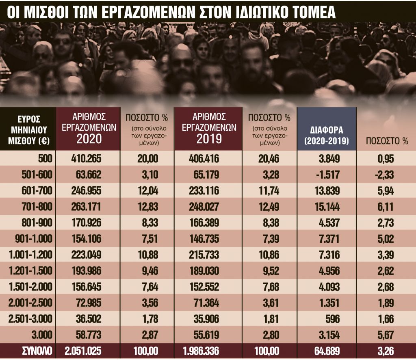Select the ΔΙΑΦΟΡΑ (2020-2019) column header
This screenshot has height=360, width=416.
tap(327, 136)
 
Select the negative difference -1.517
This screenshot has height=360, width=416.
tap(327, 175)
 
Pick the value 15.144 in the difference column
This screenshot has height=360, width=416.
tap(327, 207)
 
